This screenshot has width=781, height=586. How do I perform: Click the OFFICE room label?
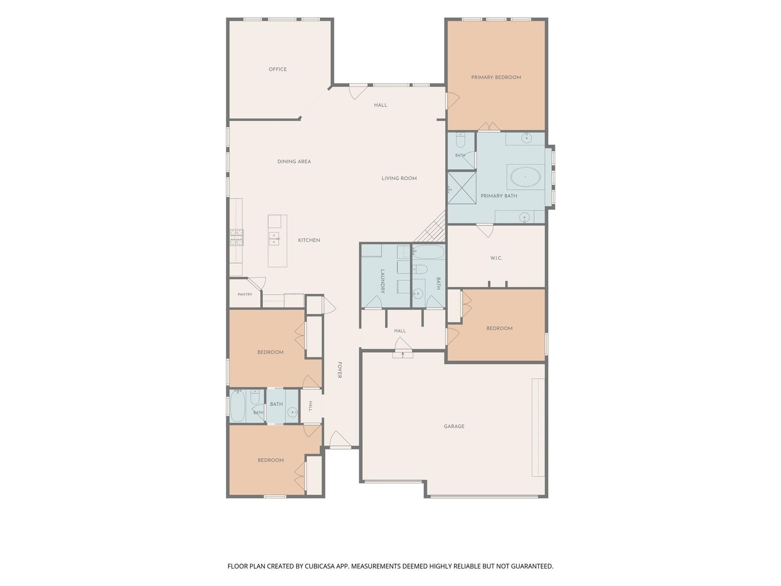278,69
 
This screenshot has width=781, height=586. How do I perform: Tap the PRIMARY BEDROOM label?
496,77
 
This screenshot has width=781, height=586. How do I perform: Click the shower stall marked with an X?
461,188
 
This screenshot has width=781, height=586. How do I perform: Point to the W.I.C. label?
496,258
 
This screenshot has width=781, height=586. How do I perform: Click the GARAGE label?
454,426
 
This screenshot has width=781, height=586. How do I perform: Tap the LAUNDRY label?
383,281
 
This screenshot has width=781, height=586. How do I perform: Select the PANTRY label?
245,294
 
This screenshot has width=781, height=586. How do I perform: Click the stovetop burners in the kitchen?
237,237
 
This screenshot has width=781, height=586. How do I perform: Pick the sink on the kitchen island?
274,239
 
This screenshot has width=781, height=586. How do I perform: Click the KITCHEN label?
309,240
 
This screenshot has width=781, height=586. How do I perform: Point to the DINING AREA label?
294,162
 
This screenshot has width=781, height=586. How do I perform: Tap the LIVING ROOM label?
399,178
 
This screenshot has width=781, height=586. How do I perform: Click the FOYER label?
339,370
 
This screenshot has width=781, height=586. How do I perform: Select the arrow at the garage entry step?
403,355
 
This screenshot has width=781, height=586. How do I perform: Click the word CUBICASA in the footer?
320,566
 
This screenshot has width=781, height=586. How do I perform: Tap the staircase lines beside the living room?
430,226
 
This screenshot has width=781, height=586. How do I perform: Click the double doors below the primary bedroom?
489,126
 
